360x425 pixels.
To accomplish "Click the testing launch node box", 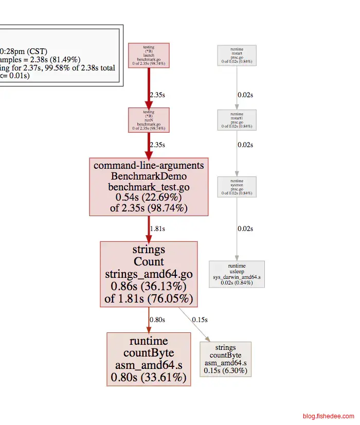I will pyautogui.click(x=149, y=55).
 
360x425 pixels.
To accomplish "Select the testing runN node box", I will pyautogui.click(x=149, y=119).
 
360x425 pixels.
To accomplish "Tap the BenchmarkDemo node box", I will pyautogui.click(x=149, y=187).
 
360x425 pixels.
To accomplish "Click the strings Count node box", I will pyautogui.click(x=149, y=274).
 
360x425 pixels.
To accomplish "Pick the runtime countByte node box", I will pyautogui.click(x=149, y=359).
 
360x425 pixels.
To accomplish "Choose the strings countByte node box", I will pyautogui.click(x=225, y=359).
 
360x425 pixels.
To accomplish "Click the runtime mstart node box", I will pyautogui.click(x=237, y=55).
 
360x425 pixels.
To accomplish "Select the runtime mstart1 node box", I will pyautogui.click(x=237, y=119).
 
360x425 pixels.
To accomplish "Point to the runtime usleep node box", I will pyautogui.click(x=237, y=273).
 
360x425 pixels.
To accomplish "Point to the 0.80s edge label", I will pyautogui.click(x=157, y=320).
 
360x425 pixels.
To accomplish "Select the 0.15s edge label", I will pyautogui.click(x=200, y=320).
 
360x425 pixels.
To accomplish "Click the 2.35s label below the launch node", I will pyautogui.click(x=157, y=95).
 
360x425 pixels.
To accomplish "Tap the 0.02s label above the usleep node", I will pyautogui.click(x=245, y=228).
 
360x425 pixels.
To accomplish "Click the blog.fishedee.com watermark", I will pyautogui.click(x=328, y=416).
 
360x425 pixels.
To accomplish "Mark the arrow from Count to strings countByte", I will pyautogui.click(x=194, y=324).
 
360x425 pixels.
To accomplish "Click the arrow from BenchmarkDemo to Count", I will pyautogui.click(x=149, y=228).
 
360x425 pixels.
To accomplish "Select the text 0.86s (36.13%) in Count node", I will pyautogui.click(x=149, y=286).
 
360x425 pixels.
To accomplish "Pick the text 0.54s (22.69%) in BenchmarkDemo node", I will pyautogui.click(x=149, y=197).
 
